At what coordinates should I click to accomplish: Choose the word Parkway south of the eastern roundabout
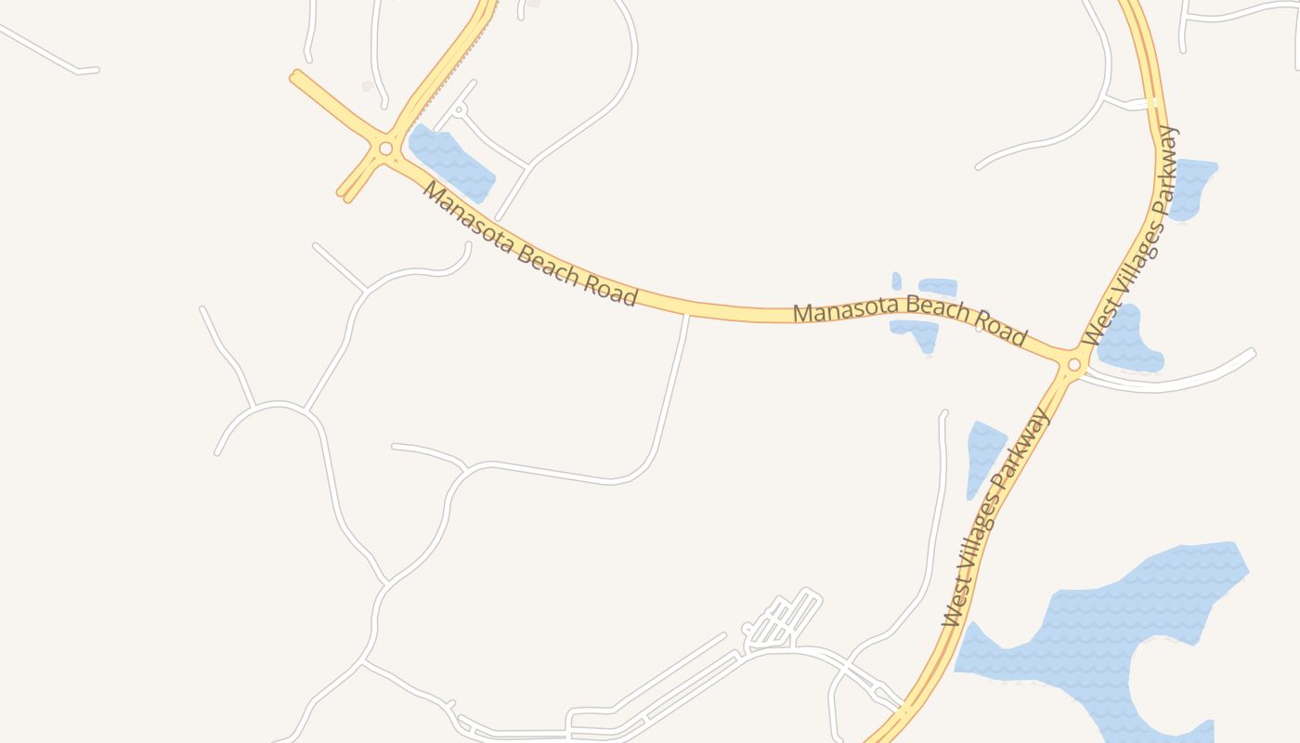1023,452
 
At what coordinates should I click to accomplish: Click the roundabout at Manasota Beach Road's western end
385,149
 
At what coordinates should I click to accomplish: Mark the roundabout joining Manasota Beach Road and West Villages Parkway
1074,365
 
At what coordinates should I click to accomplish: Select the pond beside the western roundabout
450,163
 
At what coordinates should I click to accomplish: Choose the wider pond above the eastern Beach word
938,287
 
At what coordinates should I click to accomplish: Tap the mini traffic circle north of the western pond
458,110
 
